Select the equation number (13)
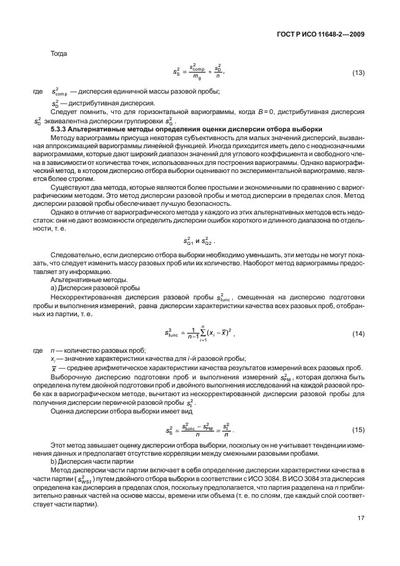click(x=358, y=73)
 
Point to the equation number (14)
click(x=358, y=334)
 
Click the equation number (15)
click(x=358, y=430)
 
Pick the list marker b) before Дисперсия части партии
click(x=53, y=461)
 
